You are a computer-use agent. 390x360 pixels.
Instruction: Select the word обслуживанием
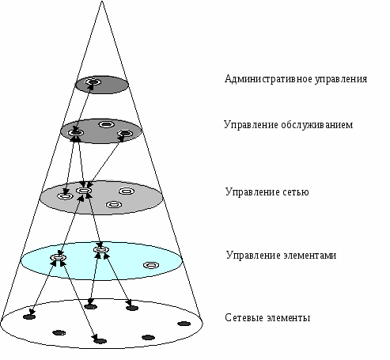(316, 124)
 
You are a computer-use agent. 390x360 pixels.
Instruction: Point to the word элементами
(310, 256)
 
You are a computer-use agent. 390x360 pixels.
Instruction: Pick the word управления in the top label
(341, 79)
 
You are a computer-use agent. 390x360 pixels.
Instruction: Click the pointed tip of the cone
(102, 2)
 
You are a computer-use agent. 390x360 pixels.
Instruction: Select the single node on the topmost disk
(93, 81)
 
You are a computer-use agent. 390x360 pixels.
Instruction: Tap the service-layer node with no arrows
(106, 124)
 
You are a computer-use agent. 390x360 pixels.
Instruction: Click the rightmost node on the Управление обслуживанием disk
(125, 134)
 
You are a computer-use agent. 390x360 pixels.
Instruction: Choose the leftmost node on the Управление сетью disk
(65, 196)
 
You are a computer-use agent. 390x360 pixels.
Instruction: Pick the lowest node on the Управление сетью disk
(114, 204)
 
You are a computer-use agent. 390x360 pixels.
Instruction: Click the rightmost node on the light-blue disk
(151, 265)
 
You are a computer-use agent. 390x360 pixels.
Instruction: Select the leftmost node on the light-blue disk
(58, 257)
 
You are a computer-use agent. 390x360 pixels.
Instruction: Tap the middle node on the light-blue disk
(101, 249)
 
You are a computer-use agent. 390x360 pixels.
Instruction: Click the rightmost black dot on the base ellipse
(184, 324)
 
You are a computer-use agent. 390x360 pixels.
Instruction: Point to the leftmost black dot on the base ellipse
(29, 316)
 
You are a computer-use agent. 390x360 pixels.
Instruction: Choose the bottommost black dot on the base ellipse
(100, 341)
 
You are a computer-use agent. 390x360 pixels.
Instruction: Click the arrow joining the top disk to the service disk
(84, 108)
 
